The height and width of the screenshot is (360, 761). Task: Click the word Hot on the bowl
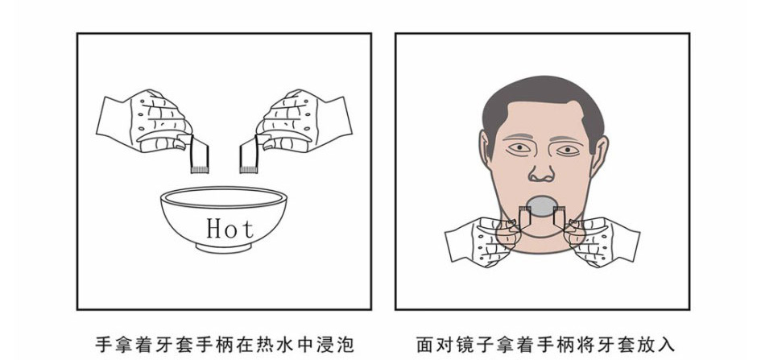pyautogui.click(x=230, y=228)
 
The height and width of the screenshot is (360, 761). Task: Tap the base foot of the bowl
pyautogui.click(x=224, y=248)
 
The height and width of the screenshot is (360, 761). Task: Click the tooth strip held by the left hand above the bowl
pyautogui.click(x=199, y=155)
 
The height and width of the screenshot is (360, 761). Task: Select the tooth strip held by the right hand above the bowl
pyautogui.click(x=250, y=155)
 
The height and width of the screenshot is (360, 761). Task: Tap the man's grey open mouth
pyautogui.click(x=542, y=205)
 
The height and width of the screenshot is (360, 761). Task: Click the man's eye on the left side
pyautogui.click(x=519, y=147)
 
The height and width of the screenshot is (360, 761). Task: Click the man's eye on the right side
pyautogui.click(x=568, y=150)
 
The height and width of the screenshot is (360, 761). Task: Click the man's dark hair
pyautogui.click(x=542, y=94)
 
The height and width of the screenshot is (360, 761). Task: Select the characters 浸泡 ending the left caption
pyautogui.click(x=340, y=344)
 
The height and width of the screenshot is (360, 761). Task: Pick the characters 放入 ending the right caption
pyautogui.click(x=662, y=344)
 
